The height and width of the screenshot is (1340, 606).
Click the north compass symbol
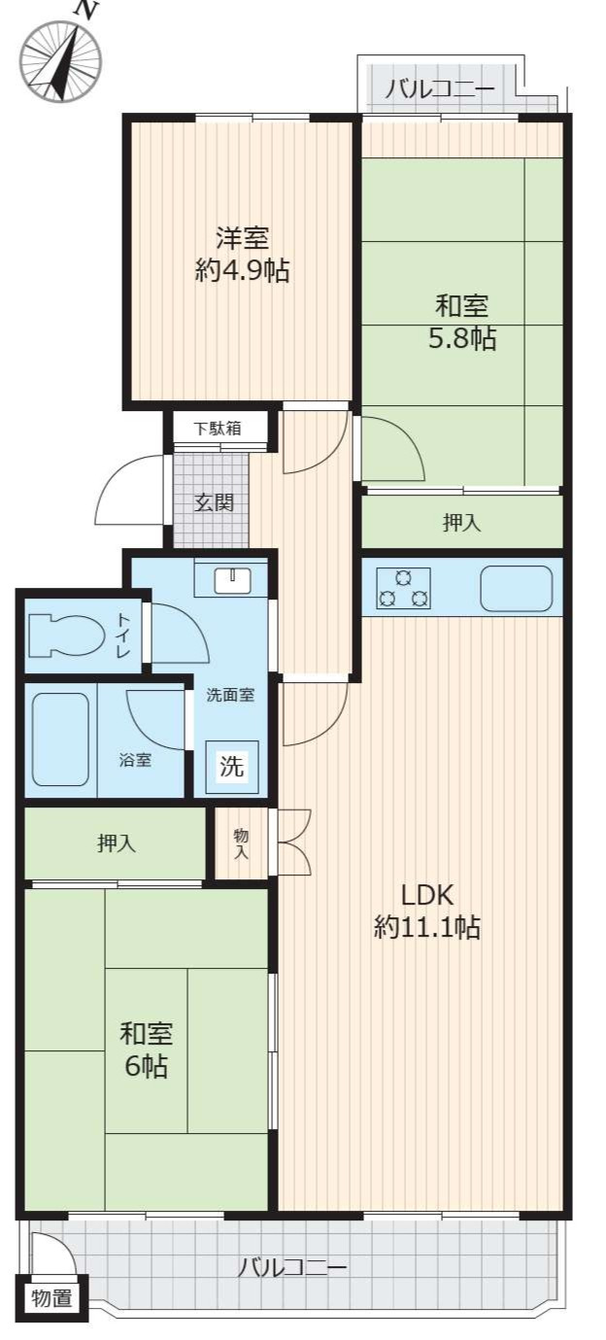point(61,58)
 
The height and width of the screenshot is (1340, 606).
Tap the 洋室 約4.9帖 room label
point(242,254)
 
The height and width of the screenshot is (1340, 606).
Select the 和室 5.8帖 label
point(462,322)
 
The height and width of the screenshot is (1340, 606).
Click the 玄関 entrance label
point(213,502)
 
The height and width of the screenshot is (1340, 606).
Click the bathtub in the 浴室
point(60,739)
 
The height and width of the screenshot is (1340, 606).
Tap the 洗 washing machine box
point(231,766)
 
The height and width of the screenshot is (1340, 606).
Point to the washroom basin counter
point(230,580)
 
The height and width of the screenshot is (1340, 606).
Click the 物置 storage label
point(52,1297)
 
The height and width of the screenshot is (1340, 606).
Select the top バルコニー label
point(439,90)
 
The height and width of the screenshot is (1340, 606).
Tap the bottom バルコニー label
point(291,1267)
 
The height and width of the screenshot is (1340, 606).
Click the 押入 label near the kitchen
point(461,523)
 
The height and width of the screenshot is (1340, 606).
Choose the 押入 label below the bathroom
point(116,843)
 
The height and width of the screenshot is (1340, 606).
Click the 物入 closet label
point(241,843)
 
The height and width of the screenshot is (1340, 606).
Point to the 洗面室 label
point(230,695)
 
